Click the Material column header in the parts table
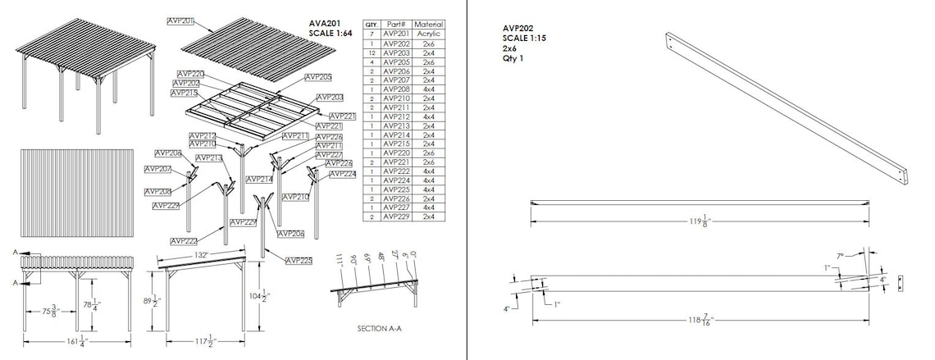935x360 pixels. click(428, 25)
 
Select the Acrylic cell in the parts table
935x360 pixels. click(428, 34)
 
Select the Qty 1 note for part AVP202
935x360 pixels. click(513, 59)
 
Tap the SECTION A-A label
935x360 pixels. click(378, 328)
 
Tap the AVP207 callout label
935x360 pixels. click(158, 169)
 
